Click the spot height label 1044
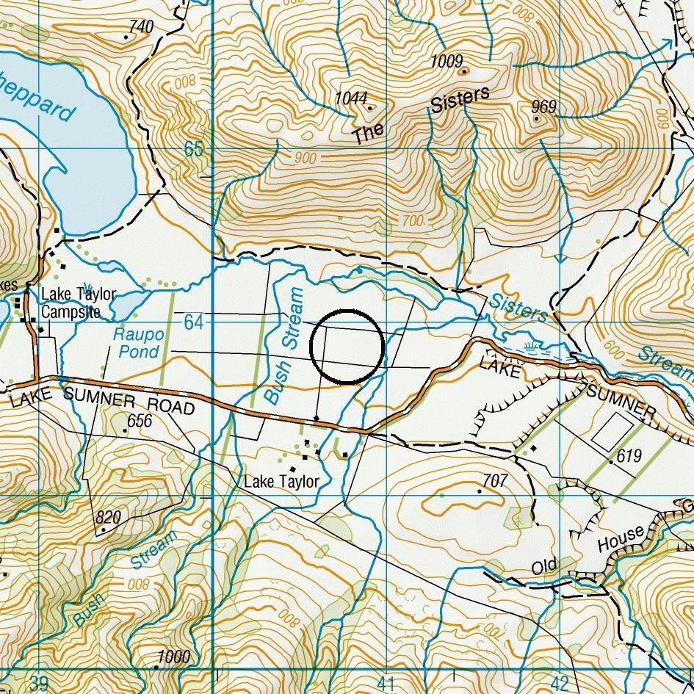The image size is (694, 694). point(350,98)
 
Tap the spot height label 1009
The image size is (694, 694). point(447,61)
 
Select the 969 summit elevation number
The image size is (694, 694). point(543,107)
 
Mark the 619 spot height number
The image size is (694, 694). point(629,455)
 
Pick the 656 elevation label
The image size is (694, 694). point(139,420)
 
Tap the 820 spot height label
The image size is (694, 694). point(108,517)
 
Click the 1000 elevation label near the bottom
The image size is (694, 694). point(174,657)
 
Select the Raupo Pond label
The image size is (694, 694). point(138,343)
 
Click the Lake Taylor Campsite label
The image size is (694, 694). point(78,303)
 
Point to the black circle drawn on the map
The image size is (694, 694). point(347,346)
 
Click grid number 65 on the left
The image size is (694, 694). point(193,149)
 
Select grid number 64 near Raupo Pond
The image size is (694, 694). point(193,322)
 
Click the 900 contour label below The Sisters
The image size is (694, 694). point(305,159)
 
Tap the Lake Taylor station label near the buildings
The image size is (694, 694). point(281,482)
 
